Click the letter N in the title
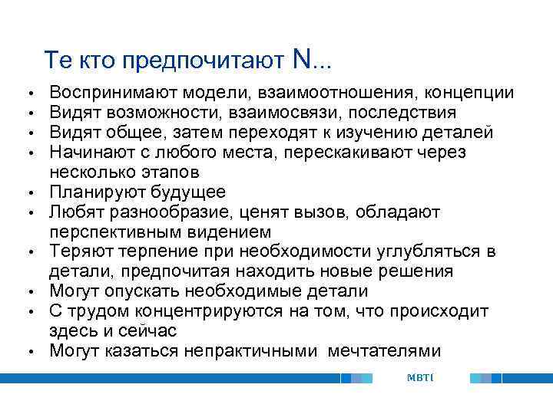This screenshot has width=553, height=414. (301, 58)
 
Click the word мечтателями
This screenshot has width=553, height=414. (384, 351)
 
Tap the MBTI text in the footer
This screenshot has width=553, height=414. (420, 377)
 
